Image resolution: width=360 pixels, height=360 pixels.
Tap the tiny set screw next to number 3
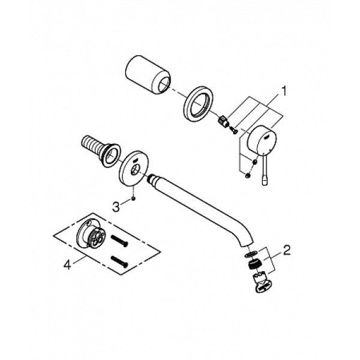click(x=136, y=199)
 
